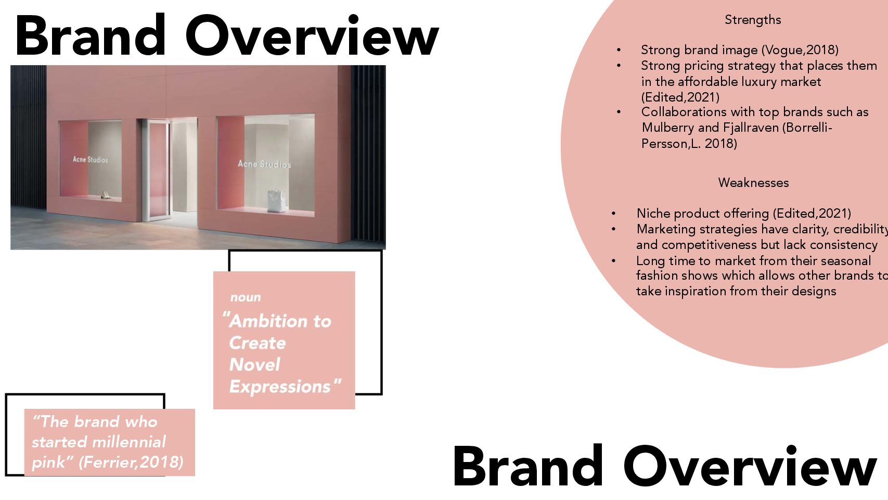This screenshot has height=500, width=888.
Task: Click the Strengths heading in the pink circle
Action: pyautogui.click(x=752, y=20)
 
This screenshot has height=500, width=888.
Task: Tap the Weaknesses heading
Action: pyautogui.click(x=753, y=182)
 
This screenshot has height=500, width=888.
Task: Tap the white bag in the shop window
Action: pyautogui.click(x=277, y=201)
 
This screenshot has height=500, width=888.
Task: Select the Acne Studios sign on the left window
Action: pyautogui.click(x=90, y=159)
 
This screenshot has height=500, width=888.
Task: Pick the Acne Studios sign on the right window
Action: pyautogui.click(x=264, y=164)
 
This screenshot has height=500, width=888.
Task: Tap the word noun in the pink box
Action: pyautogui.click(x=246, y=297)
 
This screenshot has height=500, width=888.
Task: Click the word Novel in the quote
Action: pyautogui.click(x=254, y=365)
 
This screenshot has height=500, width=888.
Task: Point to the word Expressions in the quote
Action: pyautogui.click(x=280, y=387)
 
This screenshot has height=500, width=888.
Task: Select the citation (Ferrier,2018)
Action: pyautogui.click(x=131, y=463)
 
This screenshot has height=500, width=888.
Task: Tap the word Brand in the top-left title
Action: pyautogui.click(x=90, y=35)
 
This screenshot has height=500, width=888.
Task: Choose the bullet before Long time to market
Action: pyautogui.click(x=614, y=261)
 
